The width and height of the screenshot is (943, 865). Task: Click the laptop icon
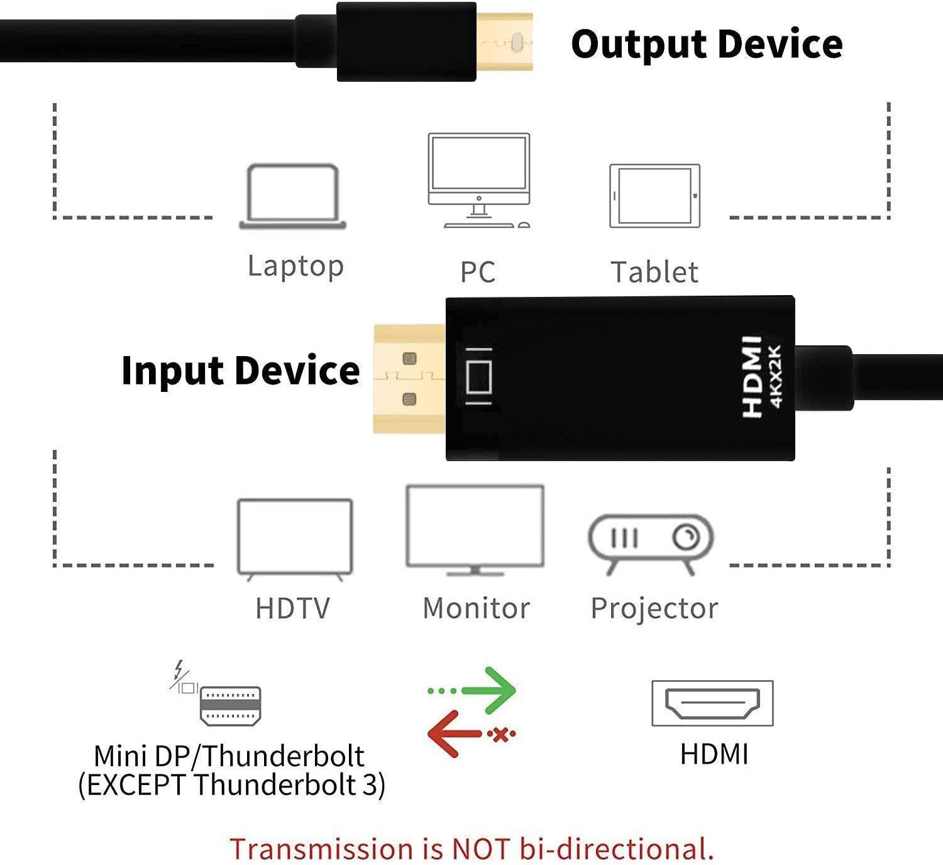click(293, 196)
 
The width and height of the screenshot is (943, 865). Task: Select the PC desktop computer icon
click(479, 179)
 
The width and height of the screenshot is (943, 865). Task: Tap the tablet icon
click(654, 196)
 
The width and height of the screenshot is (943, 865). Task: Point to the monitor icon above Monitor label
click(475, 528)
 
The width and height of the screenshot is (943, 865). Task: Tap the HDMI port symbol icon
click(712, 703)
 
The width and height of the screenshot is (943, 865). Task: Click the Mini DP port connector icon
click(230, 706)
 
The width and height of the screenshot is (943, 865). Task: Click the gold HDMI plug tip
click(409, 379)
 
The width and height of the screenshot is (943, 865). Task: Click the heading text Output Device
click(707, 44)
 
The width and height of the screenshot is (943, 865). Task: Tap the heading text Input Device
click(240, 370)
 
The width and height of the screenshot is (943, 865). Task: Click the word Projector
click(654, 608)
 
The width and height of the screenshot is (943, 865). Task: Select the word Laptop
click(295, 266)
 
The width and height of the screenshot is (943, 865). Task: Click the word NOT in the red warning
click(481, 849)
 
